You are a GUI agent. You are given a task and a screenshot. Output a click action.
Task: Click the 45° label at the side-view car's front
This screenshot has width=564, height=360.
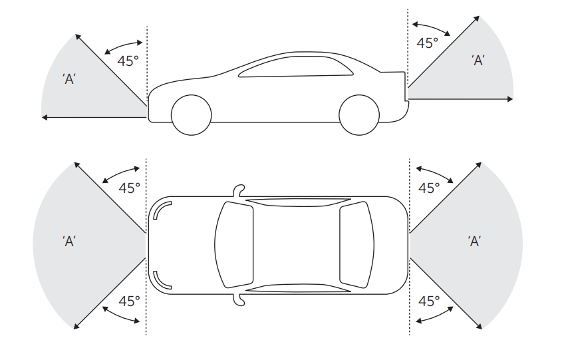coord(128,61)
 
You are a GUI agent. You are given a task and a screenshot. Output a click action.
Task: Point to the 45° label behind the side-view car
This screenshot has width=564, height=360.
coord(427,43)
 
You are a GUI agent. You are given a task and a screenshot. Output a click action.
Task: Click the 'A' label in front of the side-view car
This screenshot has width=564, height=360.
coord(69,79)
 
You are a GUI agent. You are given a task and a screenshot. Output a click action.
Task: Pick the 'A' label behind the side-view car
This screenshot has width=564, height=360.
coord(478,60)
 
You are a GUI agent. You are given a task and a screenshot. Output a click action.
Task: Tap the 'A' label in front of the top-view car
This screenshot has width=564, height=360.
coord(69,242)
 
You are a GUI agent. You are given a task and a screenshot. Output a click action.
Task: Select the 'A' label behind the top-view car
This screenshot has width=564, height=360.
coord(475,241)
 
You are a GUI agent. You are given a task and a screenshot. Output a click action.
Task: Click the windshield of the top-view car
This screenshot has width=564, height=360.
coord(234,245)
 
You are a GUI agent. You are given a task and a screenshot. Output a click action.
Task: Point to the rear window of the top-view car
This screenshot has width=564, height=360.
coord(356,245)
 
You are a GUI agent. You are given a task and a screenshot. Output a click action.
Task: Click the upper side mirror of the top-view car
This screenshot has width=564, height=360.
coord(239,191)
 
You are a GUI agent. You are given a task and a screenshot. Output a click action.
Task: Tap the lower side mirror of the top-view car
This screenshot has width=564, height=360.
coord(239,300)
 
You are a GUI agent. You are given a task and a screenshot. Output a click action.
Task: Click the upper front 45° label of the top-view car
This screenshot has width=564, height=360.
coord(129,188)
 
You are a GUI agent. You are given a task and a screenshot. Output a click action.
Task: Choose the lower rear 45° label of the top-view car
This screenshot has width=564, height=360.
coord(429,301)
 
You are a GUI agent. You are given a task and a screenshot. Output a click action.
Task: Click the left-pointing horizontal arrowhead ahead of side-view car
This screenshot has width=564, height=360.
coord(45,117)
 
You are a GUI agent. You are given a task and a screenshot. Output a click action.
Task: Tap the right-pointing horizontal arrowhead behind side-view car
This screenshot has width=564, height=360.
coord(510,99)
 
